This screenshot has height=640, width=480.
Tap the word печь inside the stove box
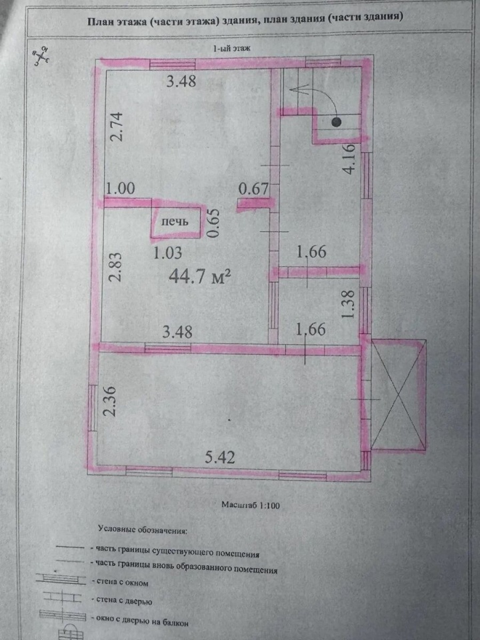(175, 221)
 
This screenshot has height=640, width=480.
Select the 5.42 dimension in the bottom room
(220, 457)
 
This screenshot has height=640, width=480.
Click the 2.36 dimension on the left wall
(110, 401)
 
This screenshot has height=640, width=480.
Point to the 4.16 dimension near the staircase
(350, 159)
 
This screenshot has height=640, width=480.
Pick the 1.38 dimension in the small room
(348, 305)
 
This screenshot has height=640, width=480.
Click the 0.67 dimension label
(254, 189)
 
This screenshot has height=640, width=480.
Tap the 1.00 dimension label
(121, 188)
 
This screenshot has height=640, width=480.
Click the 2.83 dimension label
(115, 267)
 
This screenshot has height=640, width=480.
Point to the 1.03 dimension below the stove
(167, 253)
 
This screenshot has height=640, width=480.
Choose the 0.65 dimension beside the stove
(213, 223)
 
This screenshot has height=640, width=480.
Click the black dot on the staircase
(336, 121)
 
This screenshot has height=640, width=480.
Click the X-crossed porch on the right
(399, 395)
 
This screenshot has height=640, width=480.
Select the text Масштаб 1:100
(251, 505)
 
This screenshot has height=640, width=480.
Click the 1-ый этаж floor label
(231, 48)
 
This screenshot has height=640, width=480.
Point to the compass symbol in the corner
(41, 56)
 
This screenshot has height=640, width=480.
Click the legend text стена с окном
(123, 582)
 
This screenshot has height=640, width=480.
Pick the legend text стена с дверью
(124, 600)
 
